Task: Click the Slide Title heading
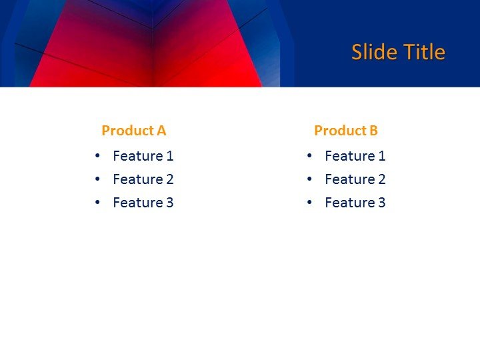point(398,52)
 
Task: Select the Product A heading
point(133,131)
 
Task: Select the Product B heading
point(346,131)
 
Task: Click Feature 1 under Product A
point(143,156)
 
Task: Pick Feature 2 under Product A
point(143,179)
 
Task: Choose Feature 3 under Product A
point(143,203)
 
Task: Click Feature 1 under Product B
point(355,156)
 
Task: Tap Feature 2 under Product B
point(355,179)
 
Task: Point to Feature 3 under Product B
point(355,203)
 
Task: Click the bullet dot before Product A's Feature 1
point(98,156)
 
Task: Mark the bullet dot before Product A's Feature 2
point(98,179)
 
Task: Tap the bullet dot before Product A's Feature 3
point(98,203)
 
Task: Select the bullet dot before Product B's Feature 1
point(310,156)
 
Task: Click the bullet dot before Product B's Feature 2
point(310,179)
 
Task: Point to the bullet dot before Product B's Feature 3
point(310,203)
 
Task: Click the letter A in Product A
point(161,131)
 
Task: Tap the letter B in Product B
point(373,131)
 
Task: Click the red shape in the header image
point(147,60)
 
